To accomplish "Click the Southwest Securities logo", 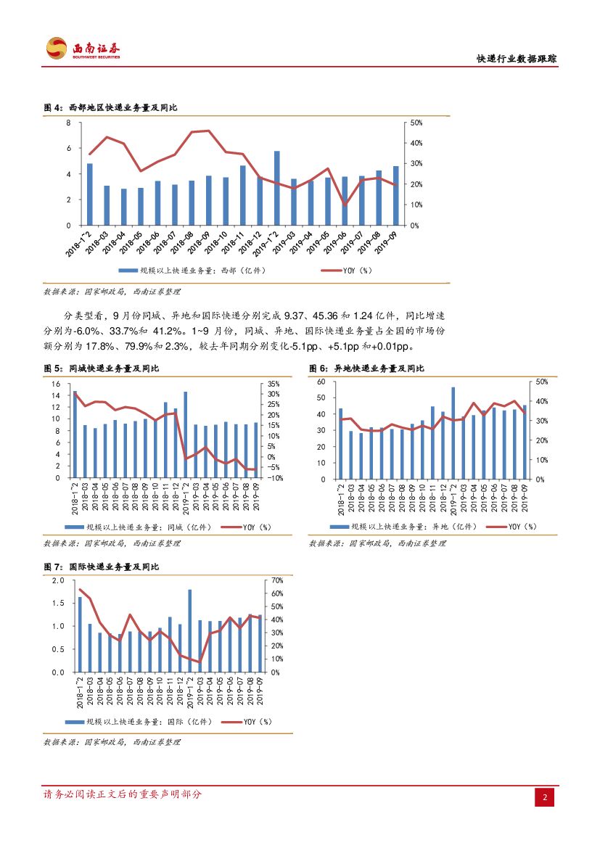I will (x=83, y=49).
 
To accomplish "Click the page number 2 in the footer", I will (x=546, y=798).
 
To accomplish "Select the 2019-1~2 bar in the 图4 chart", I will (x=276, y=188).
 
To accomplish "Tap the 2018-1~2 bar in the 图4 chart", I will (x=90, y=194).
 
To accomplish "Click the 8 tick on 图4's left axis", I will (x=68, y=123).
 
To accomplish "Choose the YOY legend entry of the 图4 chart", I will (x=351, y=271).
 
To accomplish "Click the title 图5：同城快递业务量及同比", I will (x=110, y=369).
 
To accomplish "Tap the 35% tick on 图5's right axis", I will (x=274, y=383).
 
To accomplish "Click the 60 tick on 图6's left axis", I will (x=321, y=381).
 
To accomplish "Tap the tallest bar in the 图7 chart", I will (x=190, y=630).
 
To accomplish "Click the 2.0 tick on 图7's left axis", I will (x=59, y=581).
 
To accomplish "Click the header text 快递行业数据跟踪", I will (x=516, y=59).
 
